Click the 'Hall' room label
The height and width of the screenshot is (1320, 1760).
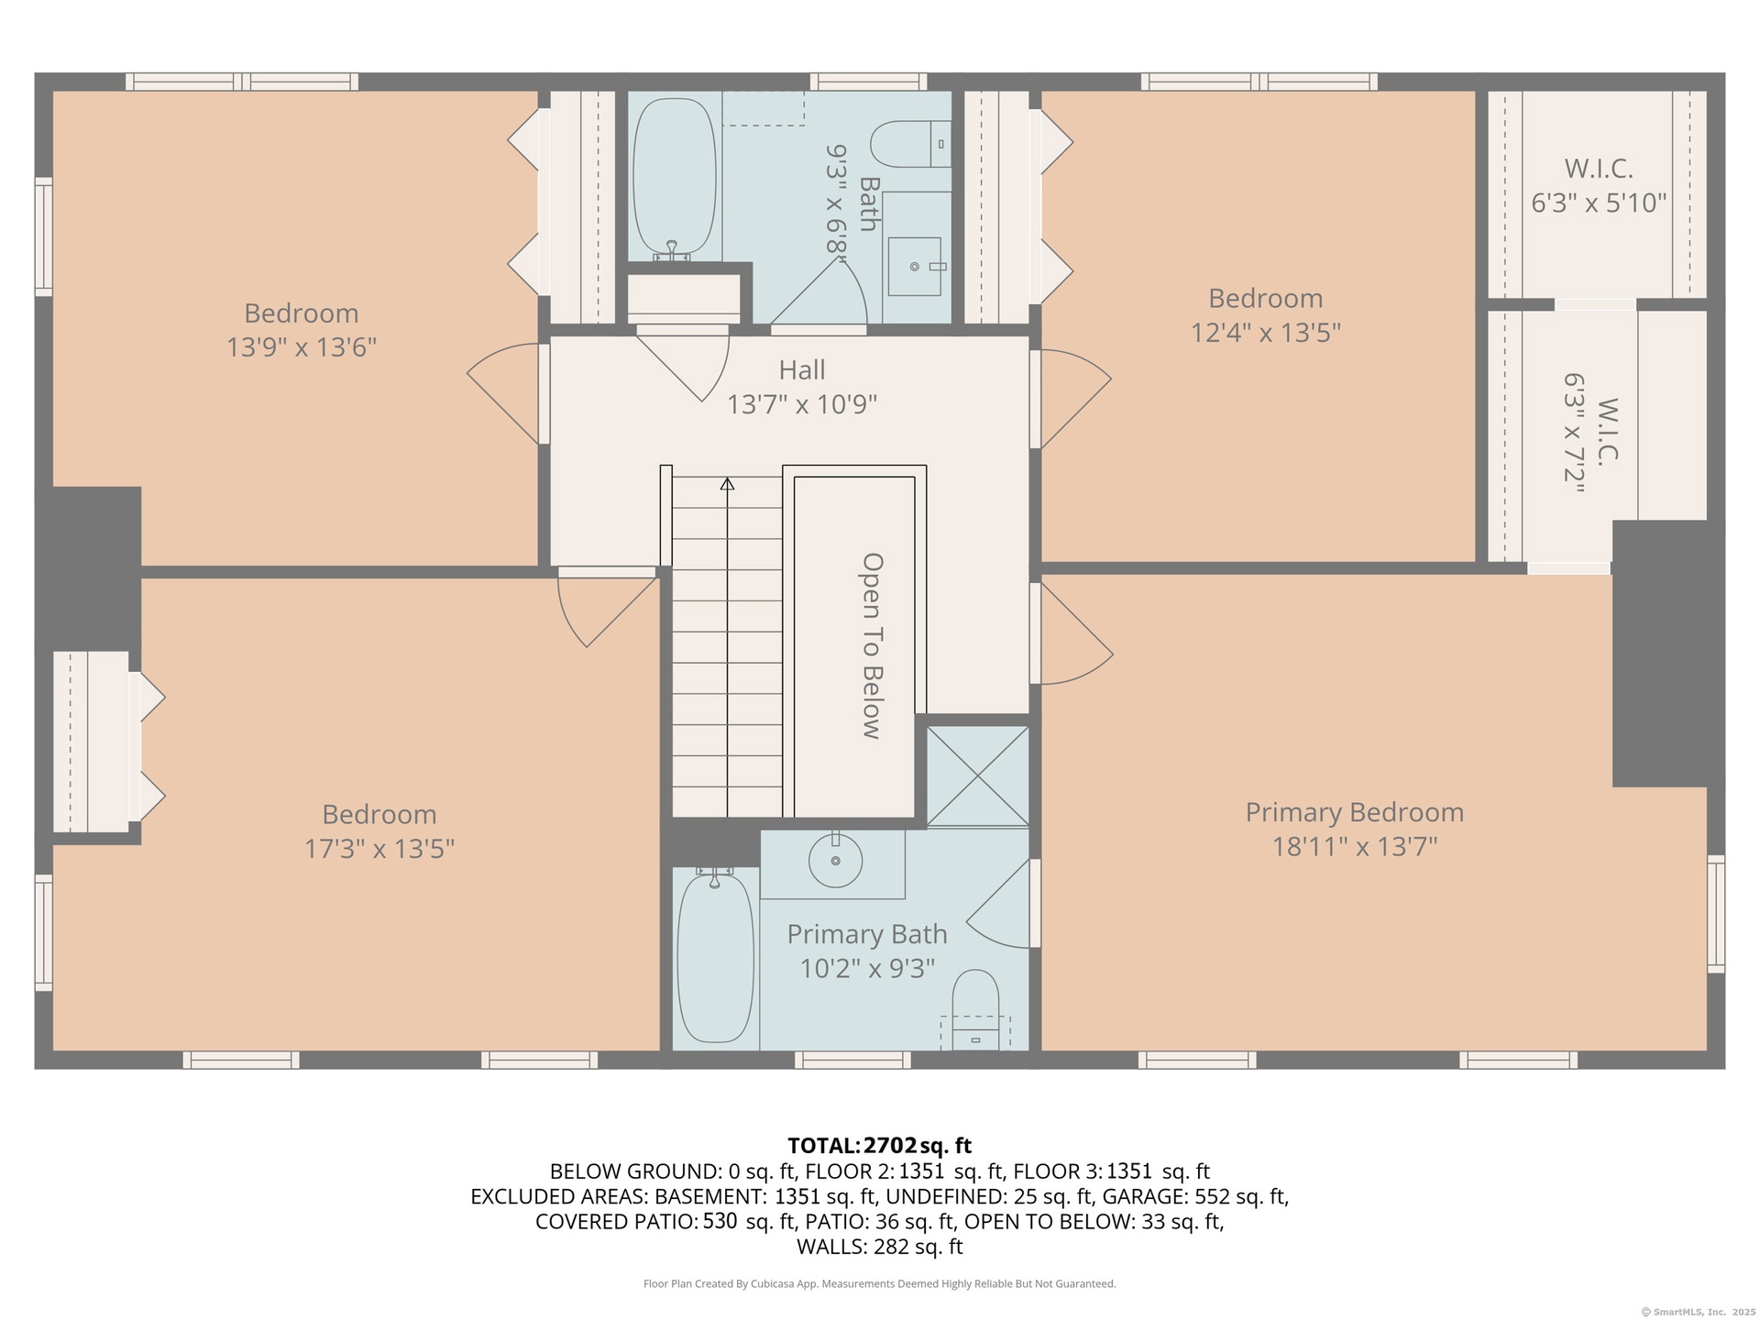tap(802, 370)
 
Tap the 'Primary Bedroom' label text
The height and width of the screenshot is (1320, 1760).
tap(1354, 812)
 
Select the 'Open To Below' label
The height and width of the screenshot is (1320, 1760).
tap(872, 645)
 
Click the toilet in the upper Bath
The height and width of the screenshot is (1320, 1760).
tap(910, 144)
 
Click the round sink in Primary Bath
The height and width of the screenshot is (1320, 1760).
tap(835, 860)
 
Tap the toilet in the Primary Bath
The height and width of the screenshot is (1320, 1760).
tap(975, 1009)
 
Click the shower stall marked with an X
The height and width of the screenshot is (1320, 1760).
tap(978, 776)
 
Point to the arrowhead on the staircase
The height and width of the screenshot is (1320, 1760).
tap(727, 483)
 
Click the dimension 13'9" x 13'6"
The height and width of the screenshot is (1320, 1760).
tap(302, 347)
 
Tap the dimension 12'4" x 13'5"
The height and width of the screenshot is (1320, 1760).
tap(1265, 332)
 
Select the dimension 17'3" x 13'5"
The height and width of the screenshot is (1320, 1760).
tap(379, 849)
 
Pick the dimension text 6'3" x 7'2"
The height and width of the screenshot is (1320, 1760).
tap(1575, 434)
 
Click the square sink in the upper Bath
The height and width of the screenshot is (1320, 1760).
tap(914, 266)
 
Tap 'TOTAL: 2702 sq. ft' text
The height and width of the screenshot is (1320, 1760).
tap(880, 1146)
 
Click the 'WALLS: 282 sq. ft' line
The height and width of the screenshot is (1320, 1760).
tap(880, 1247)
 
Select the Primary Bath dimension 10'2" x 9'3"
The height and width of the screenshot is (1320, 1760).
tap(867, 968)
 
